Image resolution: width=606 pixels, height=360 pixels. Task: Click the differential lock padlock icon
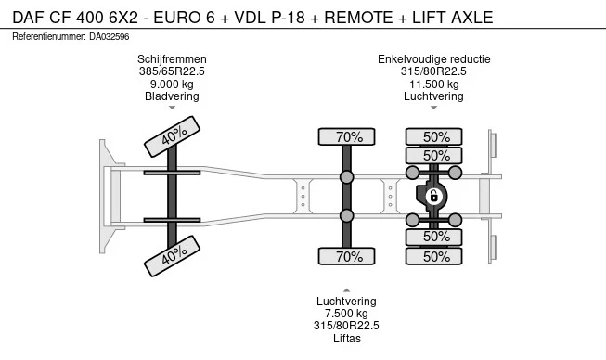(433, 197)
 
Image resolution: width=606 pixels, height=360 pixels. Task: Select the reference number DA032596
(109, 37)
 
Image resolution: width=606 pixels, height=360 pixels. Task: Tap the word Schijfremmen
(172, 59)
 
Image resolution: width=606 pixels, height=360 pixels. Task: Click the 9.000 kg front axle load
(172, 84)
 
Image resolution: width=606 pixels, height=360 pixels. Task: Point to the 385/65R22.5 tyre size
(172, 71)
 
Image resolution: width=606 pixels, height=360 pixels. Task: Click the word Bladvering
(172, 96)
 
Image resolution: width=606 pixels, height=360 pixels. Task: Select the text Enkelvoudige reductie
(434, 59)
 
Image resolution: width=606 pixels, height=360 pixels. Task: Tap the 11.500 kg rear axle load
(434, 84)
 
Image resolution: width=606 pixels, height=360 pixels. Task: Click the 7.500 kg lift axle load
(346, 314)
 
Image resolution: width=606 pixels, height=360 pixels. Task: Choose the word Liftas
(347, 339)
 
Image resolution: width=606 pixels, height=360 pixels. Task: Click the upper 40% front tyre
(172, 136)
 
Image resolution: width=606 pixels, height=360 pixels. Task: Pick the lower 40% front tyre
(172, 256)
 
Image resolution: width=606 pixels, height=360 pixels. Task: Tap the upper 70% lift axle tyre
(347, 136)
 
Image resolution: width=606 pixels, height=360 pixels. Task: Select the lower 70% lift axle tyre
(347, 256)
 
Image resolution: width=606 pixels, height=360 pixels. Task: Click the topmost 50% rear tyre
(433, 136)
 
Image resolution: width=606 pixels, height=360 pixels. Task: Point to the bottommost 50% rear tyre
(433, 256)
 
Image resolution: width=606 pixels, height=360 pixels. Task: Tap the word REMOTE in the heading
(358, 18)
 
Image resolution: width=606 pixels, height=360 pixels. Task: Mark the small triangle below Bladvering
(172, 108)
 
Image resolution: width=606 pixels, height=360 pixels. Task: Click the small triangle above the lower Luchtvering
(347, 290)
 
